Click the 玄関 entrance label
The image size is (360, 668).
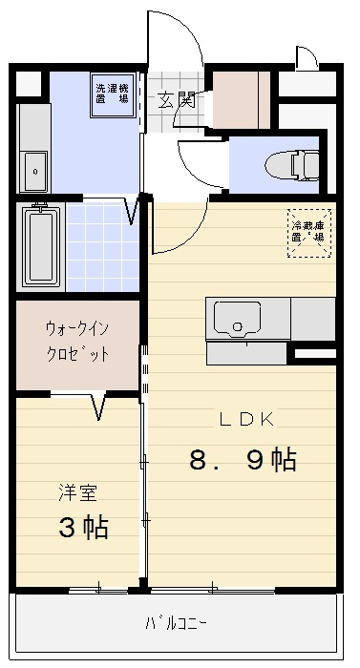pos(177,99)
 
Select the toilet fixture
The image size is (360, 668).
pos(298,166)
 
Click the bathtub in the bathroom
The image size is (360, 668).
pos(40,245)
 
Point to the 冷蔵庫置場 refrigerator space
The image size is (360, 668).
pos(309,233)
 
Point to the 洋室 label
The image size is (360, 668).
pos(77,494)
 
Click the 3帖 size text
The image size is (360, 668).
pos(82,527)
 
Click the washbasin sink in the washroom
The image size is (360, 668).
pos(34,169)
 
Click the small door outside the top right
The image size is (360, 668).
pos(305,59)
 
